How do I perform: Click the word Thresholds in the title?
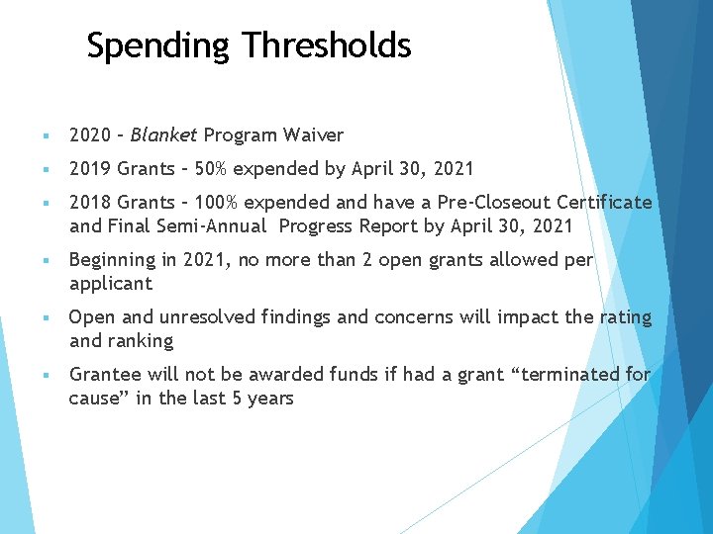pyautogui.click(x=327, y=45)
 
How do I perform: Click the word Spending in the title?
pyautogui.click(x=158, y=45)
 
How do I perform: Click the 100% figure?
pyautogui.click(x=217, y=202)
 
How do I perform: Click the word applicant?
pyautogui.click(x=111, y=284)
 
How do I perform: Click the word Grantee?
pyautogui.click(x=105, y=375)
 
